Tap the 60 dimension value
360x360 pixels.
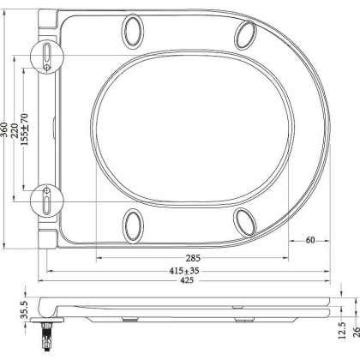click(309, 240)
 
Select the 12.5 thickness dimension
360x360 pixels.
click(341, 328)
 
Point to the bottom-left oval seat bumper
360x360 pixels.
click(134, 226)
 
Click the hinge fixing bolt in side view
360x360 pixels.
click(46, 330)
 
